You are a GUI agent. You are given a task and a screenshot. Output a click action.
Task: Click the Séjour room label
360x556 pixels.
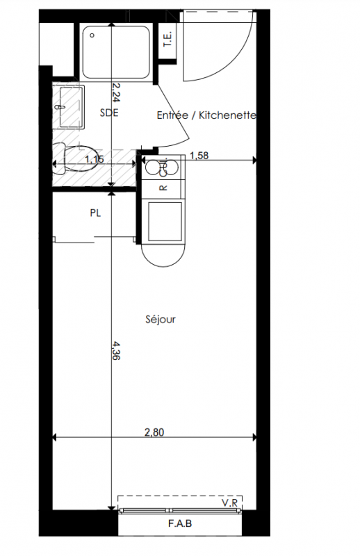pyautogui.click(x=161, y=320)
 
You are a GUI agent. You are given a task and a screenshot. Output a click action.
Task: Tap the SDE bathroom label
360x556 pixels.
pyautogui.click(x=109, y=113)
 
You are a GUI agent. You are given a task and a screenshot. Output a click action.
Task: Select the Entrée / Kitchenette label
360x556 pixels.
pyautogui.click(x=206, y=115)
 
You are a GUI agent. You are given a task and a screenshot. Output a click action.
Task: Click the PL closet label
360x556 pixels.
pyautogui.click(x=95, y=213)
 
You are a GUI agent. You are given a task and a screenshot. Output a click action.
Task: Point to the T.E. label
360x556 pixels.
pyautogui.click(x=167, y=39)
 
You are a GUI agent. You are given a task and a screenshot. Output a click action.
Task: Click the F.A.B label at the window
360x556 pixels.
pyautogui.click(x=180, y=523)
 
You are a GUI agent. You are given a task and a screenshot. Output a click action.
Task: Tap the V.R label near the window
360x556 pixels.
pyautogui.click(x=229, y=502)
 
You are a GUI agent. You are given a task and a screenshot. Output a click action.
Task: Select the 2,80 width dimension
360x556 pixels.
pyautogui.click(x=154, y=432)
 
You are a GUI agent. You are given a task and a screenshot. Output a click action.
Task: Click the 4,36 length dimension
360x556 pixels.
pyautogui.click(x=116, y=350)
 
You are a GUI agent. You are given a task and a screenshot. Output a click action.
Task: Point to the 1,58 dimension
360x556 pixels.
pyautogui.click(x=199, y=155)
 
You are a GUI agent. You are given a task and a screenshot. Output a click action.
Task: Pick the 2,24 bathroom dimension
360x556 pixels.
pyautogui.click(x=116, y=92)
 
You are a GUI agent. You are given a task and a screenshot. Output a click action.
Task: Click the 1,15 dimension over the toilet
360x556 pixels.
pyautogui.click(x=95, y=159)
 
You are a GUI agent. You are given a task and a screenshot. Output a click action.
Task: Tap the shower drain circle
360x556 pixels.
pyautogui.click(x=92, y=35)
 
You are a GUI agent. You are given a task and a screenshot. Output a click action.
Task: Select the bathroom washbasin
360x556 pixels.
pyautogui.click(x=72, y=107)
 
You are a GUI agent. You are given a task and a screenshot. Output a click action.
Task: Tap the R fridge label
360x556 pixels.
pyautogui.click(x=163, y=188)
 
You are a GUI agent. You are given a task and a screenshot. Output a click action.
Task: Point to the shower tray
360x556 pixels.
pyautogui.click(x=116, y=51)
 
